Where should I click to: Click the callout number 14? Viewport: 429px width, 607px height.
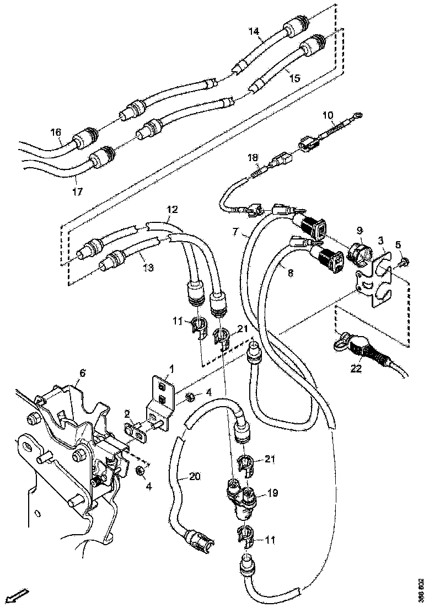point(254,32)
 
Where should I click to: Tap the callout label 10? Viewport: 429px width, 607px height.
point(328,115)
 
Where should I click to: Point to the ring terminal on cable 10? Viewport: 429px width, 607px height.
point(359,115)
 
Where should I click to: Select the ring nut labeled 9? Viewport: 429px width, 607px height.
point(359,252)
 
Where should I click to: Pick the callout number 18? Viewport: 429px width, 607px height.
point(253,158)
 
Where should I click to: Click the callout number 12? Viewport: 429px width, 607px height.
point(173,210)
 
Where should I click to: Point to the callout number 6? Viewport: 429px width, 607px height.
point(82,374)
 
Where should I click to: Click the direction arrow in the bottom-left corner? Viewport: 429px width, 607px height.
point(19,595)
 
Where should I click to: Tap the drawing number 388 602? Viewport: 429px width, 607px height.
point(421,590)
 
